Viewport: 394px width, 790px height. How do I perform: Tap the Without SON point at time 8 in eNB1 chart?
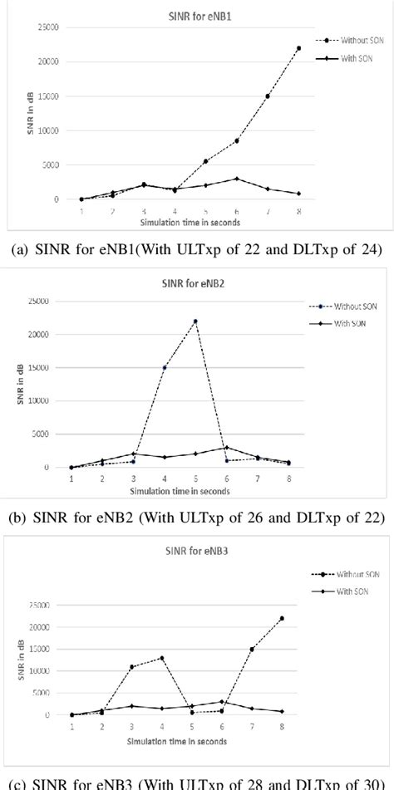pyautogui.click(x=298, y=48)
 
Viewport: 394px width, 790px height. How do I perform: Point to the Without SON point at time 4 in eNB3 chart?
pyautogui.click(x=161, y=658)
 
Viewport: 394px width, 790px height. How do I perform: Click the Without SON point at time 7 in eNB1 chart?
pyautogui.click(x=268, y=96)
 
